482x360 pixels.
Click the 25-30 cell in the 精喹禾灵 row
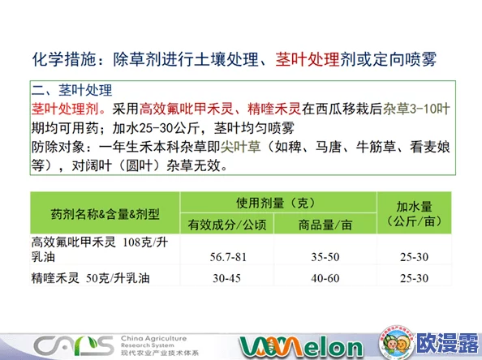414,277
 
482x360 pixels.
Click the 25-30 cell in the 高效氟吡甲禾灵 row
414,257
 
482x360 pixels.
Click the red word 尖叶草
239,147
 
